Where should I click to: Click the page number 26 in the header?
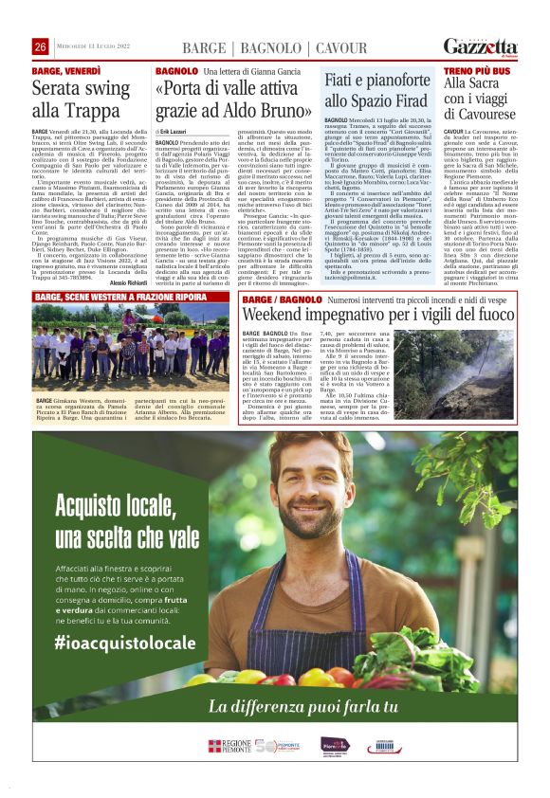(x=40, y=46)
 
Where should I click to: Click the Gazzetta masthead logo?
(x=489, y=46)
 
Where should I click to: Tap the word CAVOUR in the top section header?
(x=340, y=47)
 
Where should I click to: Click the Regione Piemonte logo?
(x=228, y=746)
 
